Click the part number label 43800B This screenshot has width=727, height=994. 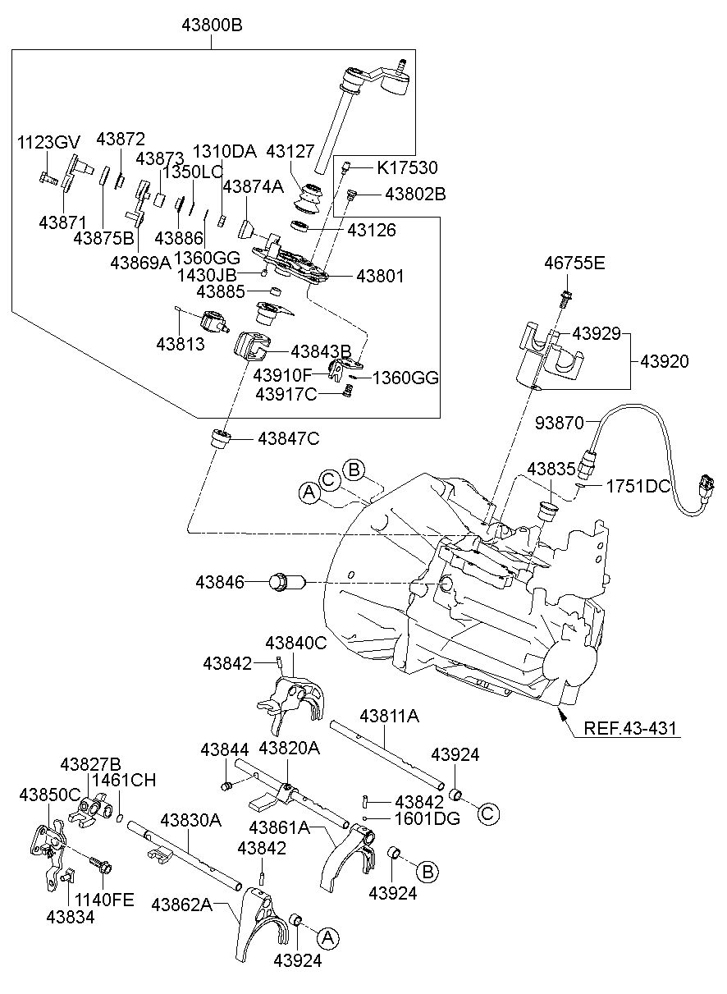tap(212, 25)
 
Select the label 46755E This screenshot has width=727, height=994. tap(574, 263)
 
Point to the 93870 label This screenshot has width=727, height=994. tap(560, 423)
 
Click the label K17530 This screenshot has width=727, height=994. tap(407, 167)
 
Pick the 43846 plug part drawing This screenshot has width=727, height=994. tap(287, 582)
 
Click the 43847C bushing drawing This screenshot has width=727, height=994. tap(221, 439)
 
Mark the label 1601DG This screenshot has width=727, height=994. tap(428, 818)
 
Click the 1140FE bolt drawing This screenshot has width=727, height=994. tap(101, 862)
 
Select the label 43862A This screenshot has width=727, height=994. tap(182, 905)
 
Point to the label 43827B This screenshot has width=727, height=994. tap(90, 764)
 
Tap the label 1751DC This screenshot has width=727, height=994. tap(638, 487)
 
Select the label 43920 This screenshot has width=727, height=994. tap(665, 362)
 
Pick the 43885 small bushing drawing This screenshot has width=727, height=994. tap(277, 291)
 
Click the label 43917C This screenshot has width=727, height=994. tap(286, 394)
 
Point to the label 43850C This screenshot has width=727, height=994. tap(50, 795)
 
